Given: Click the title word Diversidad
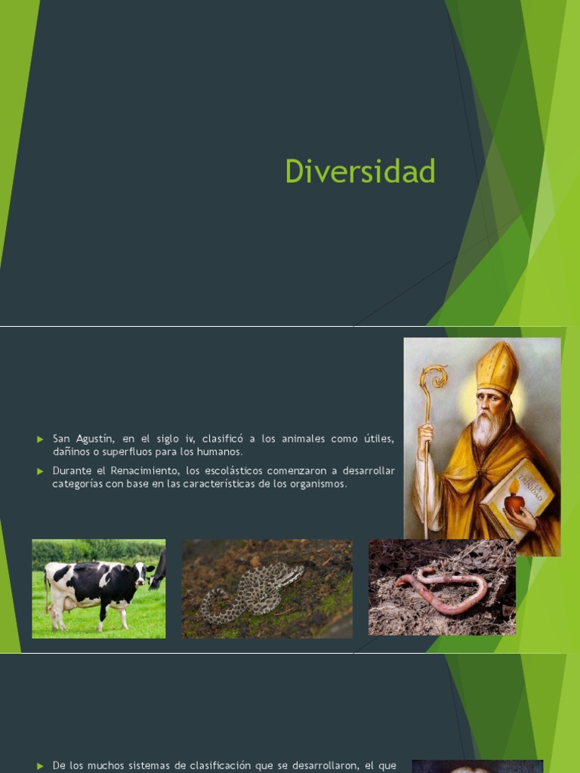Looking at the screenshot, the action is (360, 171).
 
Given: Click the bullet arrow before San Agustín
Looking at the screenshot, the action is (41, 439).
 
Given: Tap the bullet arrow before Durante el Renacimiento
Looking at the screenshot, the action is (41, 471).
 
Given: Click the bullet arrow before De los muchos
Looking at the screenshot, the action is (41, 766).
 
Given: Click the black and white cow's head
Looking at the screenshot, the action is (143, 574).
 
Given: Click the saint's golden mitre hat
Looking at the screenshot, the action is (497, 368).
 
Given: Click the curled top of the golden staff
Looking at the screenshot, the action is (433, 377).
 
